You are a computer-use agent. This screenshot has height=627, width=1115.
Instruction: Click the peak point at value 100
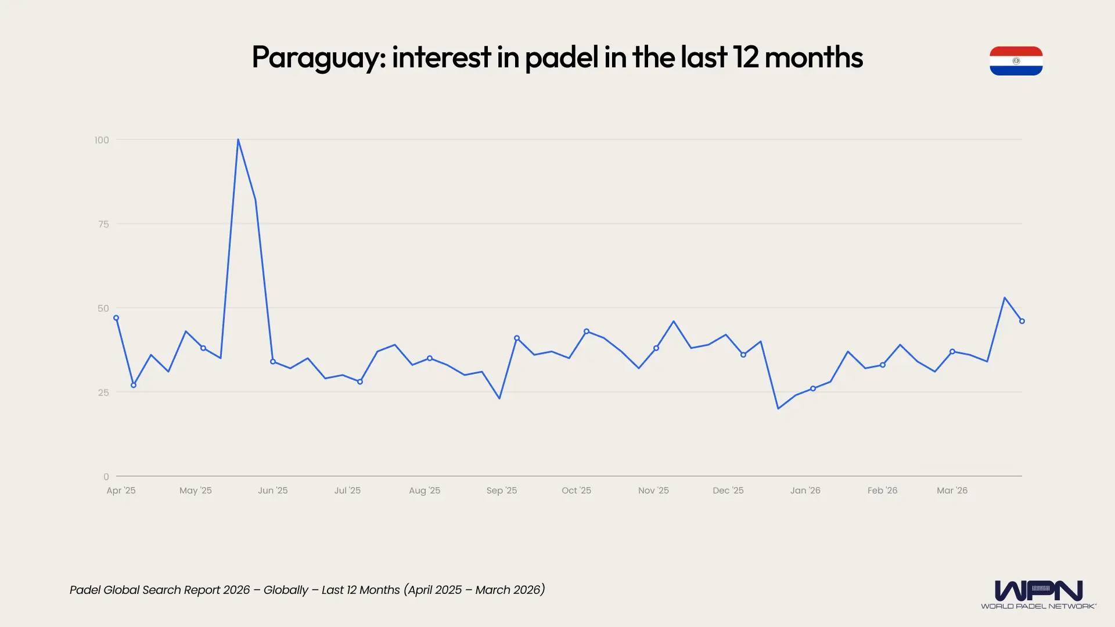coord(238,140)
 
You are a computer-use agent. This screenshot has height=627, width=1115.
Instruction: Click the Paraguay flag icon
coord(1016,61)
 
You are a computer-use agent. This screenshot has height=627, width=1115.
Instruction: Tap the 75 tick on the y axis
coord(103,224)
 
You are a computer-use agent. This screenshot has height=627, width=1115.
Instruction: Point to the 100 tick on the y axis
coord(102,140)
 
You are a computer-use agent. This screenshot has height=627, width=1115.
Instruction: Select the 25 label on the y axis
coord(103,392)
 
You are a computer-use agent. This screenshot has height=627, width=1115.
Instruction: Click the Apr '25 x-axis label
coord(121,491)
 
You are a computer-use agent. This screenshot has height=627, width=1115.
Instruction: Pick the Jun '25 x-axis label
coord(272,491)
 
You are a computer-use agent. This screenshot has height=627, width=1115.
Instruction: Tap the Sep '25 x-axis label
coord(501,491)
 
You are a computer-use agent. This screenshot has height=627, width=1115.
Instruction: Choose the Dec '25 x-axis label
coord(728,491)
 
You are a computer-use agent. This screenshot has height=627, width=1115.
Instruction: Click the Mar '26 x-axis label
coord(952,491)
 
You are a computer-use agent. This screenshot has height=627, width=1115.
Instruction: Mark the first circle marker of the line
coord(116,318)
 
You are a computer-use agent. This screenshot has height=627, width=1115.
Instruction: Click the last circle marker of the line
coord(1022,321)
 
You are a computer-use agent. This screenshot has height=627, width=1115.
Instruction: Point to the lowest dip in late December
coord(778,408)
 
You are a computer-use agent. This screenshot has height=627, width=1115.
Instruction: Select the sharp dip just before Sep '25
coord(499,398)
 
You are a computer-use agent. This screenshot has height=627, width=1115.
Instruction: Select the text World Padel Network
coord(1038,606)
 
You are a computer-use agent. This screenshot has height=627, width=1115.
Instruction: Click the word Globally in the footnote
coord(286,590)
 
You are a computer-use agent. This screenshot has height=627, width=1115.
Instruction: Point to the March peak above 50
coord(1005,298)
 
